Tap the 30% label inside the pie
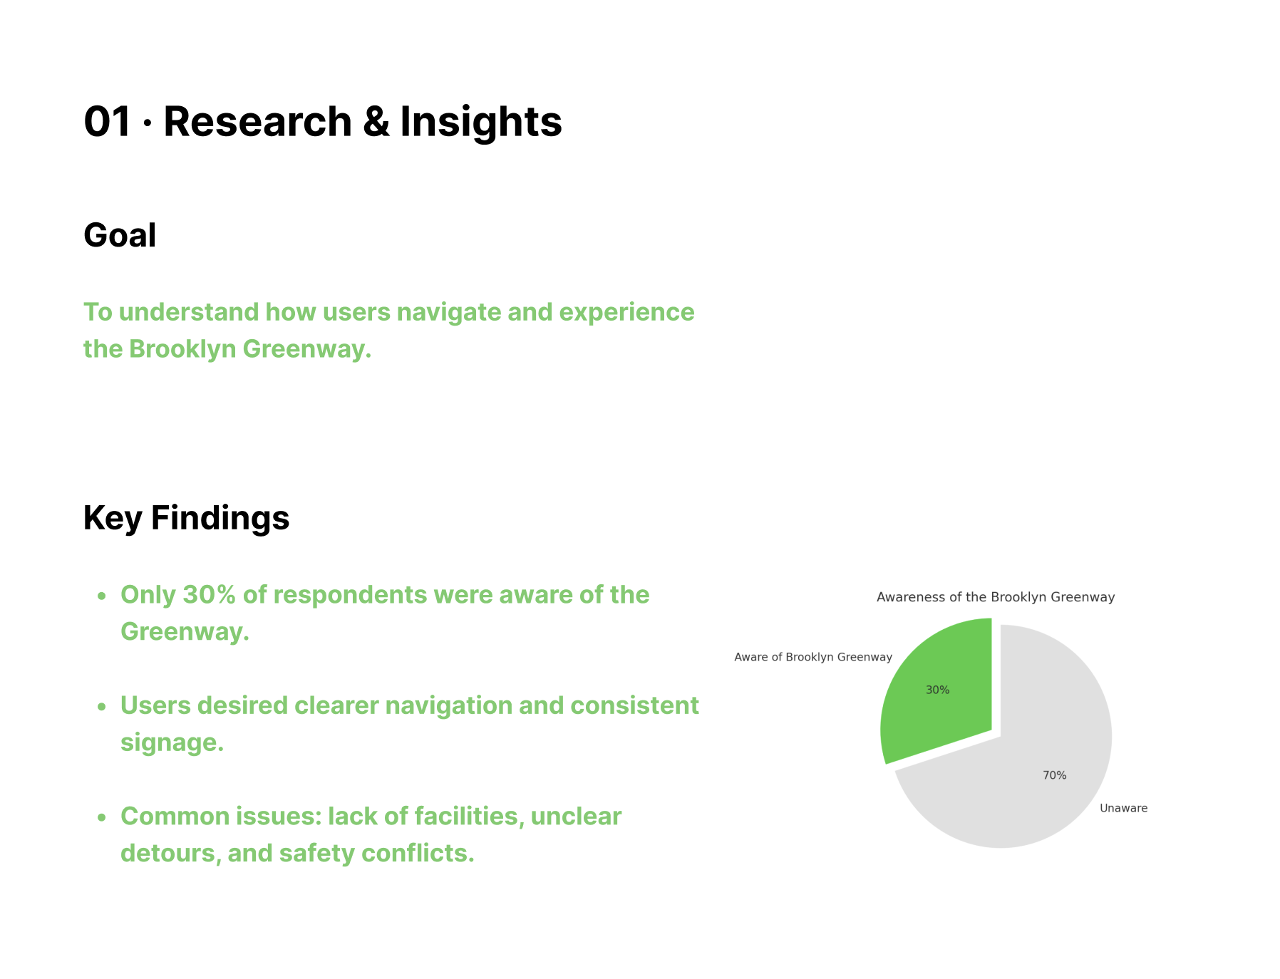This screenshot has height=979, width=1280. pyautogui.click(x=937, y=690)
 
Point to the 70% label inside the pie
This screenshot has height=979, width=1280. pyautogui.click(x=1054, y=775)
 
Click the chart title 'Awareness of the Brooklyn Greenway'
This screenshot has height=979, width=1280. pyautogui.click(x=996, y=597)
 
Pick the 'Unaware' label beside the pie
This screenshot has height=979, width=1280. pyautogui.click(x=1123, y=808)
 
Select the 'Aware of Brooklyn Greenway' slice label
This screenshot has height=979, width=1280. pyautogui.click(x=813, y=657)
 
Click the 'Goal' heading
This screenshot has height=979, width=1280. pyautogui.click(x=120, y=235)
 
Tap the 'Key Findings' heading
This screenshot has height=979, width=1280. pyautogui.click(x=186, y=517)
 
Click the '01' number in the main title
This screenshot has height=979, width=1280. pyautogui.click(x=108, y=121)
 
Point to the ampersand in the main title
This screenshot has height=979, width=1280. pyautogui.click(x=376, y=121)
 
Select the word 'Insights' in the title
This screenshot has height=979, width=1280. pyautogui.click(x=481, y=121)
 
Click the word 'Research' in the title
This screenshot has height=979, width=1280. pyautogui.click(x=257, y=121)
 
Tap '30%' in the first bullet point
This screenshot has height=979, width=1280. pyautogui.click(x=209, y=595)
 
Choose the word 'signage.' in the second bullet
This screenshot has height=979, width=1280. pyautogui.click(x=172, y=742)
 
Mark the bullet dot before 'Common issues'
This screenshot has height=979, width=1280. pyautogui.click(x=102, y=817)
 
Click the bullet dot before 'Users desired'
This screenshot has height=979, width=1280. pyautogui.click(x=102, y=707)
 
